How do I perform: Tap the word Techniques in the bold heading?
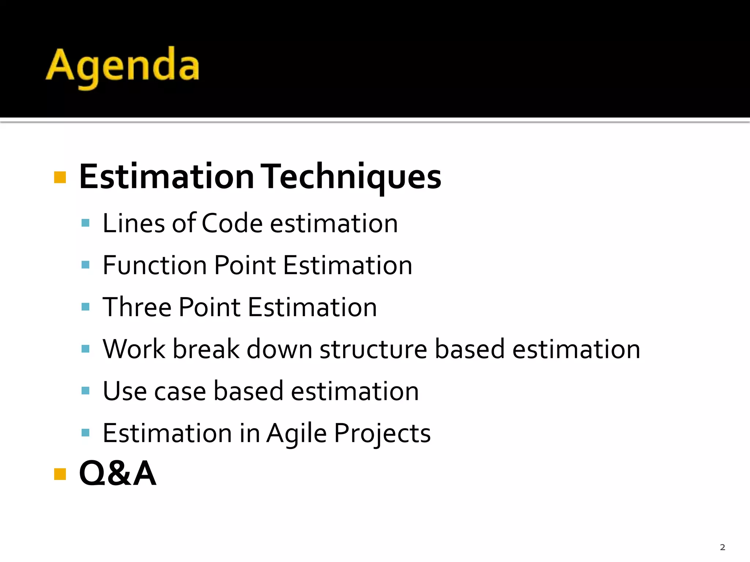click(352, 177)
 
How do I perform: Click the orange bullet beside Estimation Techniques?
click(60, 177)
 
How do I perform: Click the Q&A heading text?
click(118, 473)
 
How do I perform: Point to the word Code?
click(232, 223)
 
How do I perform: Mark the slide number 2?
click(722, 547)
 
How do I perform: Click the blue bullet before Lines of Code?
click(86, 223)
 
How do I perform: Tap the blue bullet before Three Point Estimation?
click(86, 307)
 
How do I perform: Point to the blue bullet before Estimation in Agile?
click(86, 433)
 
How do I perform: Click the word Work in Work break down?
click(134, 349)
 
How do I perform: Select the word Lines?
click(134, 223)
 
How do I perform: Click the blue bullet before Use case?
click(86, 391)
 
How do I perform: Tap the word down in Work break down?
click(279, 349)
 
